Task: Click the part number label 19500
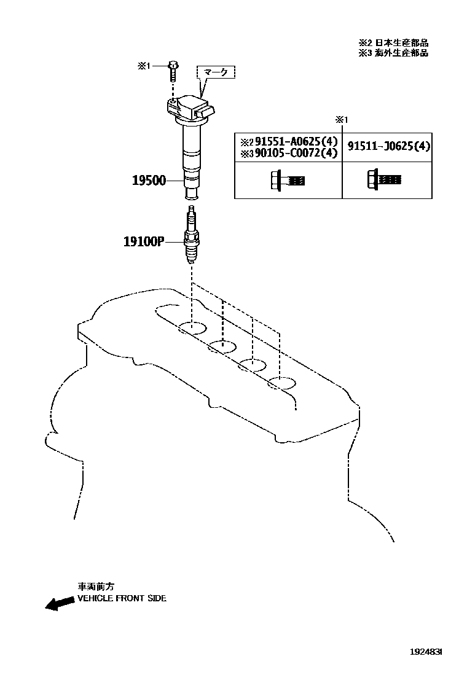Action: [149, 181]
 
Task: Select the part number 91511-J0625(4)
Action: [388, 147]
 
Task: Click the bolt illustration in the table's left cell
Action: [287, 181]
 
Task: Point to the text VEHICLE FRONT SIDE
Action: [122, 598]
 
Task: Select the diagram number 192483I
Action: [426, 650]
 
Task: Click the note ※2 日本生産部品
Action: [393, 43]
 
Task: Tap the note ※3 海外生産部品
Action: [393, 53]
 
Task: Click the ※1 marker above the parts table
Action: [342, 119]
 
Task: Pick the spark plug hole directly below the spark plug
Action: [192, 327]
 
